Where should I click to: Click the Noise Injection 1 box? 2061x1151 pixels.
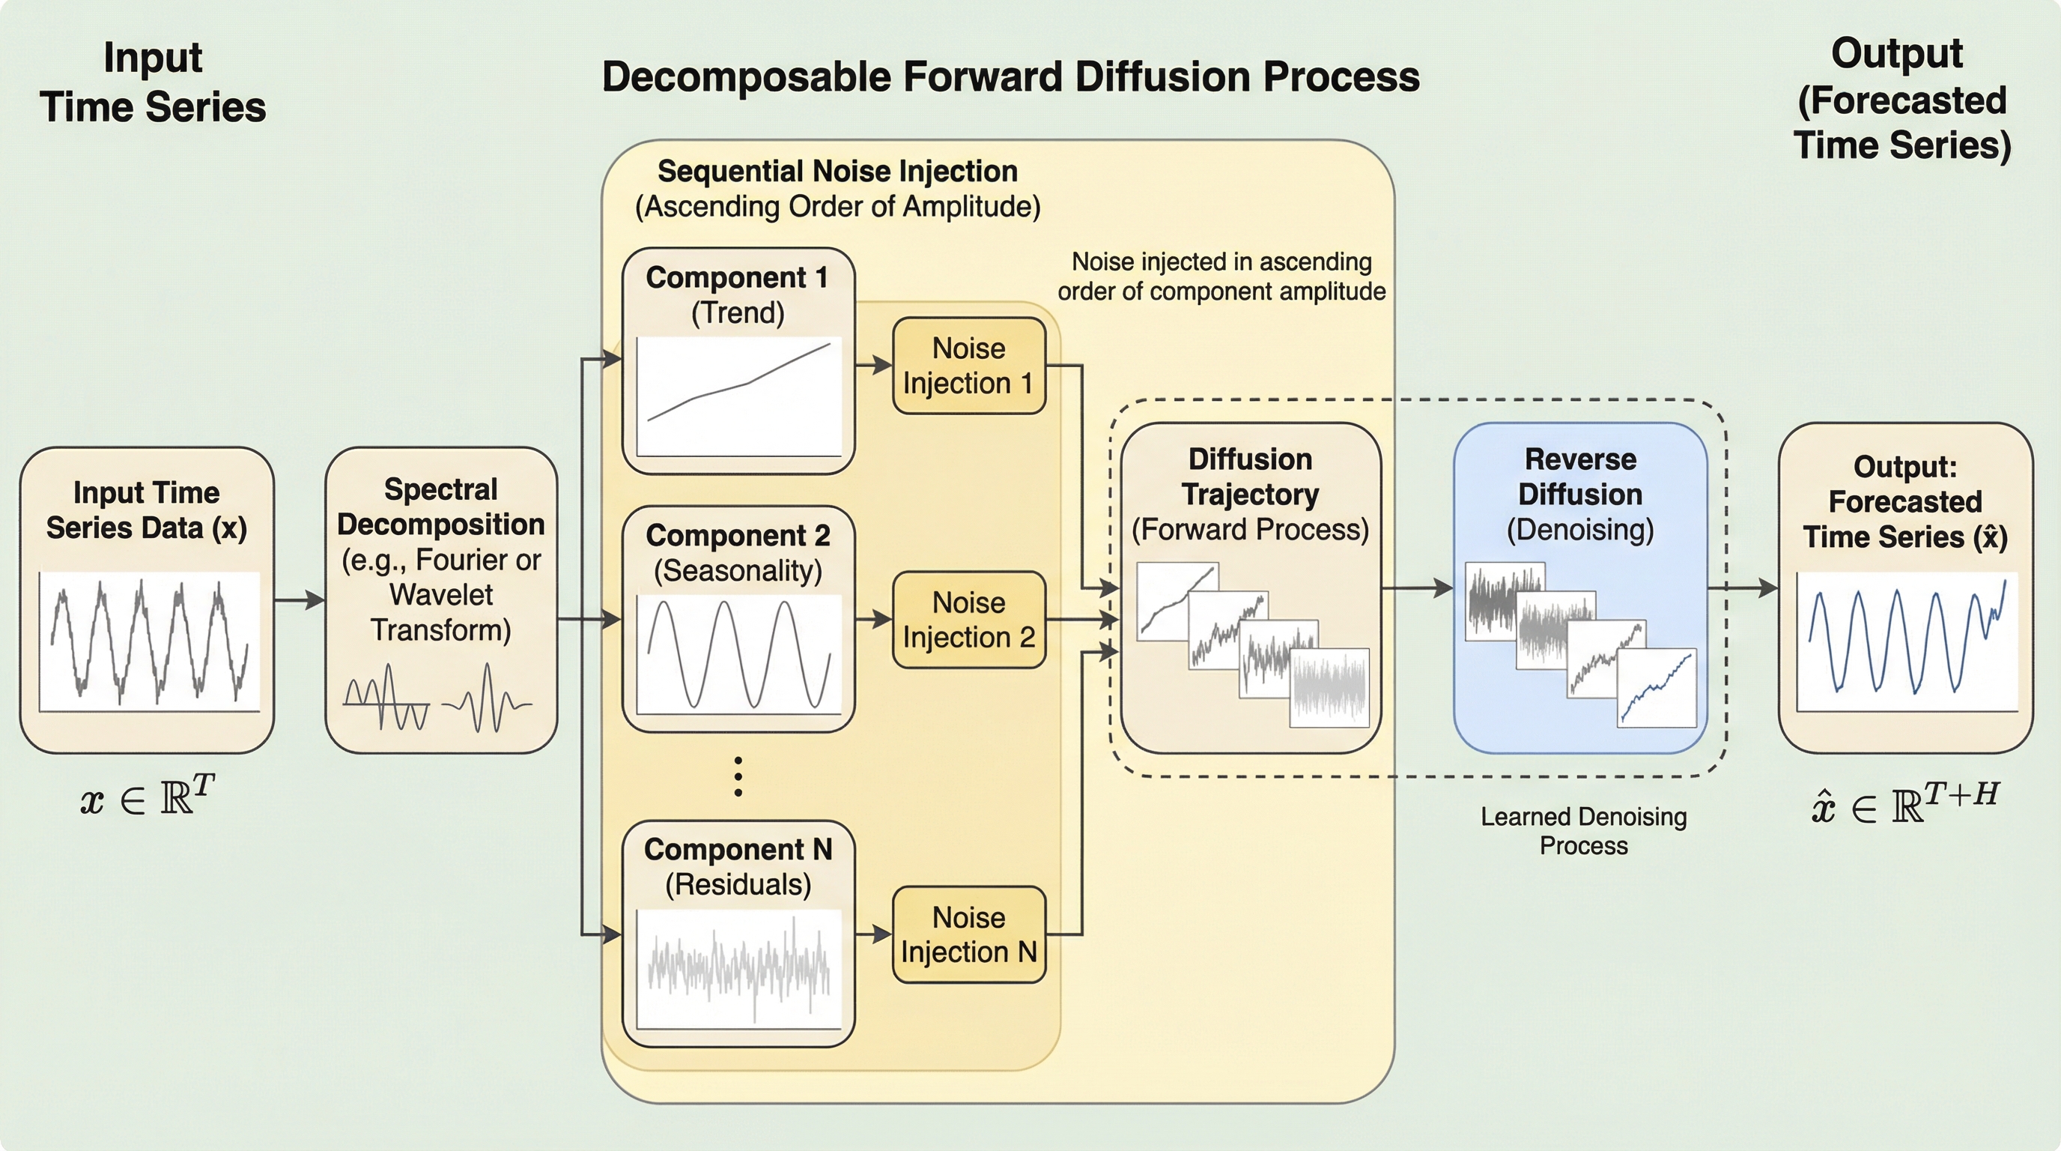pyautogui.click(x=969, y=366)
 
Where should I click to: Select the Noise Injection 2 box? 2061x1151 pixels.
pyautogui.click(x=969, y=620)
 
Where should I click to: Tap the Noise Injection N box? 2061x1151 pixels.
pyautogui.click(x=969, y=934)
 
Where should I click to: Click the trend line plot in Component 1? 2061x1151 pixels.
pyautogui.click(x=738, y=396)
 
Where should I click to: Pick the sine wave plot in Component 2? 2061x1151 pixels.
pyautogui.click(x=738, y=654)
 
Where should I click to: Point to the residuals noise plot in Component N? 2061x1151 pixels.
pyautogui.click(x=738, y=968)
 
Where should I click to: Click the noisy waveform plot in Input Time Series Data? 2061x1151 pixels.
pyautogui.click(x=150, y=641)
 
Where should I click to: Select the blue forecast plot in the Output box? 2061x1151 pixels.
pyautogui.click(x=1907, y=641)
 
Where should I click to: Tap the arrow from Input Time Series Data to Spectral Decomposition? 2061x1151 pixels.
pyautogui.click(x=300, y=599)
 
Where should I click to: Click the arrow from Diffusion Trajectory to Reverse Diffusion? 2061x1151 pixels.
pyautogui.click(x=1417, y=588)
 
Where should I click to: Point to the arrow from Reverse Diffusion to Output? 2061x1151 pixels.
pyautogui.click(x=1743, y=588)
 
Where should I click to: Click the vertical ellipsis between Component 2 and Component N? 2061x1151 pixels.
pyautogui.click(x=738, y=776)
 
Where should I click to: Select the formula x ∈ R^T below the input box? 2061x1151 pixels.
pyautogui.click(x=148, y=797)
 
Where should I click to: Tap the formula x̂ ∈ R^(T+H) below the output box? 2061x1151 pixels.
pyautogui.click(x=1905, y=803)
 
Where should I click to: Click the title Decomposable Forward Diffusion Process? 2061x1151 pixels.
pyautogui.click(x=1010, y=78)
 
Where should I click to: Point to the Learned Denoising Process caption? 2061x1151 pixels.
pyautogui.click(x=1583, y=831)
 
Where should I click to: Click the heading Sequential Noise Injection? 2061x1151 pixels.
pyautogui.click(x=837, y=172)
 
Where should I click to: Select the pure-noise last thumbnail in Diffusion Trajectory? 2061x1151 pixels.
pyautogui.click(x=1329, y=688)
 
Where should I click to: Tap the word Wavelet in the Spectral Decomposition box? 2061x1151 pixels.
pyautogui.click(x=441, y=595)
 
